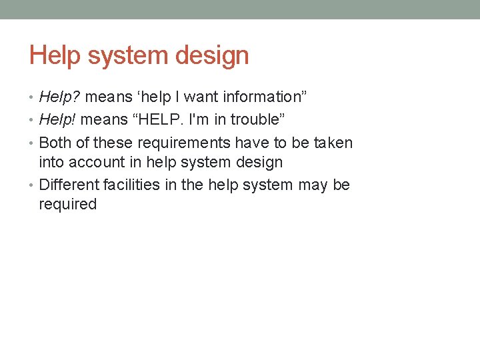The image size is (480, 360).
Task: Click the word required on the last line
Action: tap(68, 204)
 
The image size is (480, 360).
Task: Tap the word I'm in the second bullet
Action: tap(200, 120)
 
